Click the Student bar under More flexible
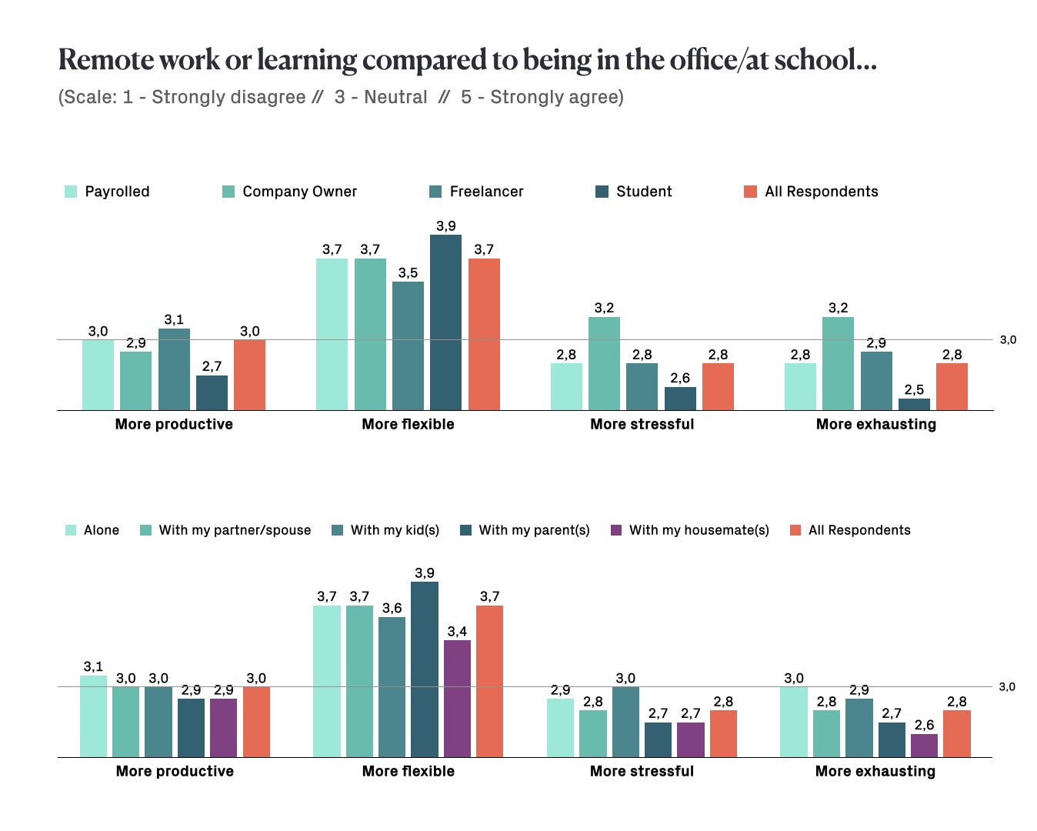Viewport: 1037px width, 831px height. pos(445,322)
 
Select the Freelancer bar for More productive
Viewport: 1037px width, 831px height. pos(174,369)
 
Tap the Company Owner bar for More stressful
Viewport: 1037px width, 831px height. pos(604,363)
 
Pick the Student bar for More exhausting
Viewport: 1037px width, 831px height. pos(914,404)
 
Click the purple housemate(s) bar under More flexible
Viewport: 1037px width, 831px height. pos(457,699)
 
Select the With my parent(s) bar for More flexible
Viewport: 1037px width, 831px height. pos(425,669)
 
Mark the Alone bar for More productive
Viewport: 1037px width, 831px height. pos(93,716)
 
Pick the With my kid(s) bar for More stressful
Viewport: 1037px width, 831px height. pos(625,722)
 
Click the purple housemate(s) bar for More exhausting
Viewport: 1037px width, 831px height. pos(924,746)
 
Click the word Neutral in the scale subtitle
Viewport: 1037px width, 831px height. pos(395,97)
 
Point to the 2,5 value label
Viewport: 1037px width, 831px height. pos(914,389)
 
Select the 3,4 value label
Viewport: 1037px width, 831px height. pos(457,632)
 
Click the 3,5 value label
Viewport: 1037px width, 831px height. pos(408,273)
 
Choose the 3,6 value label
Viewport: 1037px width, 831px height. pos(392,608)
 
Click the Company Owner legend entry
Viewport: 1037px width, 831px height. pos(299,192)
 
